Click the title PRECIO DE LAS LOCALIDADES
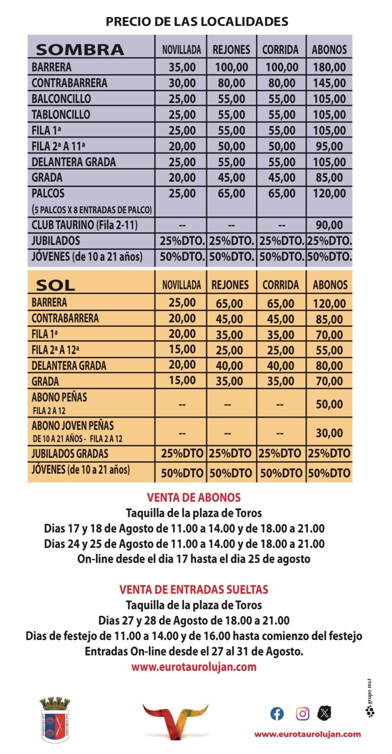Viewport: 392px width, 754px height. point(197,21)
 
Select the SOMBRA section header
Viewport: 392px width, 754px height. point(80,49)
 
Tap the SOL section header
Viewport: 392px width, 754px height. point(55,286)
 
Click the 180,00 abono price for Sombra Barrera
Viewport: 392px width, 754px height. point(329,67)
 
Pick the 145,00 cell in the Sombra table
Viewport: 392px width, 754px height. point(329,83)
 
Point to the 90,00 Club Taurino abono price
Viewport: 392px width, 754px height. point(329,225)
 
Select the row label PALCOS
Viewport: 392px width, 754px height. point(48,193)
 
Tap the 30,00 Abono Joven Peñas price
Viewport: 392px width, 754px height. point(329,433)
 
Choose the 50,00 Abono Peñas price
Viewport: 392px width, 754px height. point(329,404)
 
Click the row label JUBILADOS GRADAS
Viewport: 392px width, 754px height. point(70,454)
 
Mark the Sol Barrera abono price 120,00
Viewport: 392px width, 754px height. point(329,303)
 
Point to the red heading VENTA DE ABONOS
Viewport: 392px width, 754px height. point(194,498)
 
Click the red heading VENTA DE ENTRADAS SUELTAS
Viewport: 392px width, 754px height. point(194,589)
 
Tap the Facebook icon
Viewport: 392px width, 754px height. point(277,713)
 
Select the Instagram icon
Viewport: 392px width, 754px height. point(302,713)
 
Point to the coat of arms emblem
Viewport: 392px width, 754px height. point(55,720)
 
